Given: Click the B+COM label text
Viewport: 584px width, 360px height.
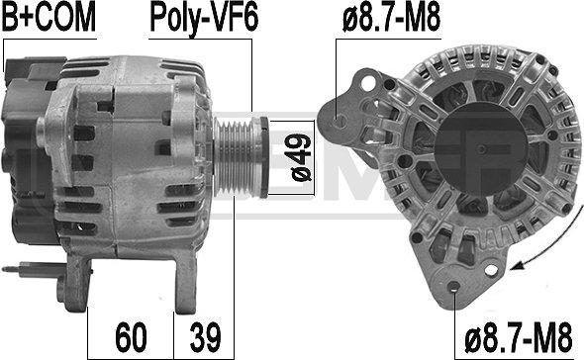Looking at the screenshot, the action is tap(49, 17).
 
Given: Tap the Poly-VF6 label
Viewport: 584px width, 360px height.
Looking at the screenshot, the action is tap(204, 19).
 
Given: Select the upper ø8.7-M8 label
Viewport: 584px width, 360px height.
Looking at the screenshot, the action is tap(391, 17).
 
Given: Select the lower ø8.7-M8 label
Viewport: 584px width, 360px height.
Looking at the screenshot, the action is tap(518, 338).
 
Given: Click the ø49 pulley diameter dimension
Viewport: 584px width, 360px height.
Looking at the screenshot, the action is tap(301, 157).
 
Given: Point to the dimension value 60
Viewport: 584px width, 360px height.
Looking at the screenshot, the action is tap(131, 337).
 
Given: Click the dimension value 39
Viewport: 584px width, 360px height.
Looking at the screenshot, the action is tap(206, 337).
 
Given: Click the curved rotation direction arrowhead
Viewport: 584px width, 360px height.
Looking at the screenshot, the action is tap(519, 265).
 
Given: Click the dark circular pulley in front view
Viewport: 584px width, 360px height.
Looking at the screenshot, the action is tap(481, 149).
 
